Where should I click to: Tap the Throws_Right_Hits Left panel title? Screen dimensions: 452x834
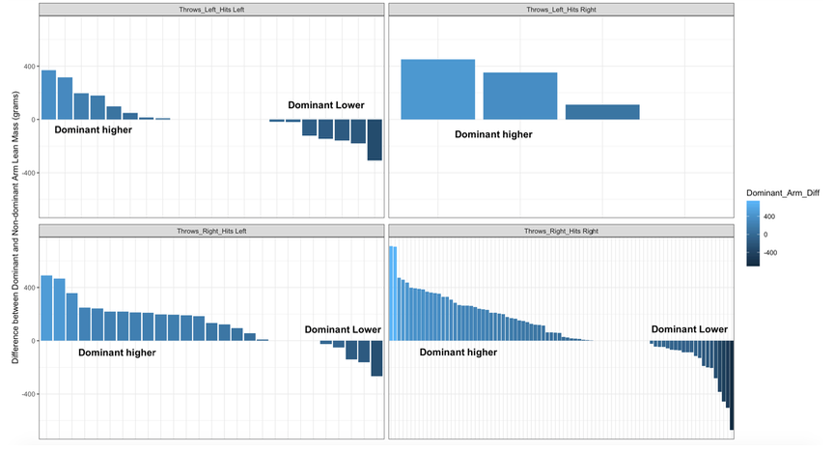click(211, 232)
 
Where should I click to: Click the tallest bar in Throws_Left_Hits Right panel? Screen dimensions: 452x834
click(437, 90)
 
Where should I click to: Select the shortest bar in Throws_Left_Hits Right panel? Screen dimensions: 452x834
click(602, 112)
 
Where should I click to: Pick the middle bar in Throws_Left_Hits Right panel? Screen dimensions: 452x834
click(520, 96)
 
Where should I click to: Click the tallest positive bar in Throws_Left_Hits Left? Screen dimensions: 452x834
click(48, 95)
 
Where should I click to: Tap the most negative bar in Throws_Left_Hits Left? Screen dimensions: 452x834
click(375, 140)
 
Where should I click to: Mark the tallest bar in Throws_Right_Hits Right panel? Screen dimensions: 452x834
click(393, 294)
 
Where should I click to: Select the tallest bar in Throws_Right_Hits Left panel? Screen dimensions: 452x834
click(46, 308)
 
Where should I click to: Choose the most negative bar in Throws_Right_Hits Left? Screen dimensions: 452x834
click(376, 358)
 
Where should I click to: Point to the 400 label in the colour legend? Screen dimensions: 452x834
click(768, 217)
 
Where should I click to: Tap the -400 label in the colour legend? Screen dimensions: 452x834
click(770, 252)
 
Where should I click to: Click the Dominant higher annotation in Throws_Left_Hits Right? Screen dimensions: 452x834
click(493, 135)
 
